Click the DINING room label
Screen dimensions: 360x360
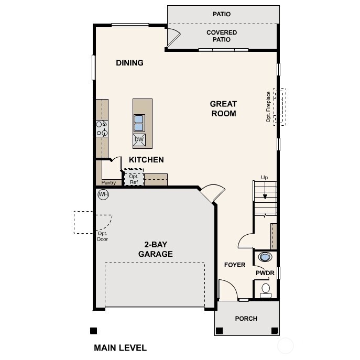coord(129,63)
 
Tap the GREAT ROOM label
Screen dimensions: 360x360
coord(223,108)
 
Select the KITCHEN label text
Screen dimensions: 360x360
coord(146,160)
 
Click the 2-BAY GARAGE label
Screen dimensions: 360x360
coord(155,249)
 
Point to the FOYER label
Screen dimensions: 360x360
coord(234,265)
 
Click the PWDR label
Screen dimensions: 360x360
coord(265,273)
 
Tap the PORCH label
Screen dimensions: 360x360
coord(246,319)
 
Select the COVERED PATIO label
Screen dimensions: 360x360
coord(222,36)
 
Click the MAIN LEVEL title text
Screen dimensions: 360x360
coord(120,347)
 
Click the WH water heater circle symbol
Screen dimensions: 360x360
coord(103,195)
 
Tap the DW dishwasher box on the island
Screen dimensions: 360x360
coord(139,139)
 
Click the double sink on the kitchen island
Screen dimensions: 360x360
coord(139,123)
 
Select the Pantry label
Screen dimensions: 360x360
coord(108,183)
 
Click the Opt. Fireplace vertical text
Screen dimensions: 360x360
coord(268,107)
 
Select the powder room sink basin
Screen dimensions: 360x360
coord(265,257)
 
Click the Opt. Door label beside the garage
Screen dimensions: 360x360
coord(102,236)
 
